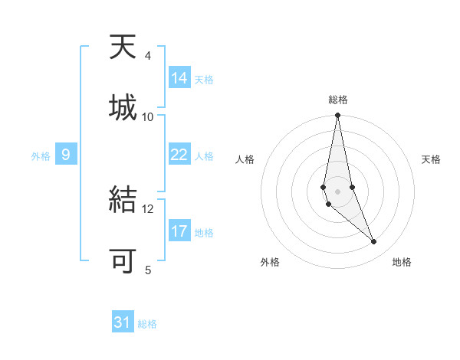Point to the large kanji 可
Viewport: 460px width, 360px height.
[x=123, y=260]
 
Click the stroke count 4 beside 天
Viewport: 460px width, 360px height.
[x=147, y=56]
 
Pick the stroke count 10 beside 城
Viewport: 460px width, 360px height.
[x=148, y=116]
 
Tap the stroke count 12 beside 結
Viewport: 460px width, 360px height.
[x=148, y=208]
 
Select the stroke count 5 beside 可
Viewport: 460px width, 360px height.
[x=148, y=269]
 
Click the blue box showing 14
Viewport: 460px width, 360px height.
[x=179, y=78]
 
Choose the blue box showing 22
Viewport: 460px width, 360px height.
[x=179, y=155]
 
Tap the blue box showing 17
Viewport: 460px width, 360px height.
[x=179, y=231]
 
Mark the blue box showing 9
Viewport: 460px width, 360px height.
[x=66, y=155]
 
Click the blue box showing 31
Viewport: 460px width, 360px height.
[x=123, y=322]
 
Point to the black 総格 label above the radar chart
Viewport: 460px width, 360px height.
[x=338, y=100]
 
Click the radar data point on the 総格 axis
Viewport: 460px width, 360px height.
[x=337, y=116]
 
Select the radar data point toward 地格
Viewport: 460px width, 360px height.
[x=373, y=242]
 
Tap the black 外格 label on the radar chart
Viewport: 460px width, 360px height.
[x=270, y=262]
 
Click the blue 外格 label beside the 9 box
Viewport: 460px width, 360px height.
[x=41, y=156]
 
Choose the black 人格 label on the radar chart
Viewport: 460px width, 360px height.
[x=245, y=159]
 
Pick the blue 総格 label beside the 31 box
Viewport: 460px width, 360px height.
[x=147, y=324]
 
